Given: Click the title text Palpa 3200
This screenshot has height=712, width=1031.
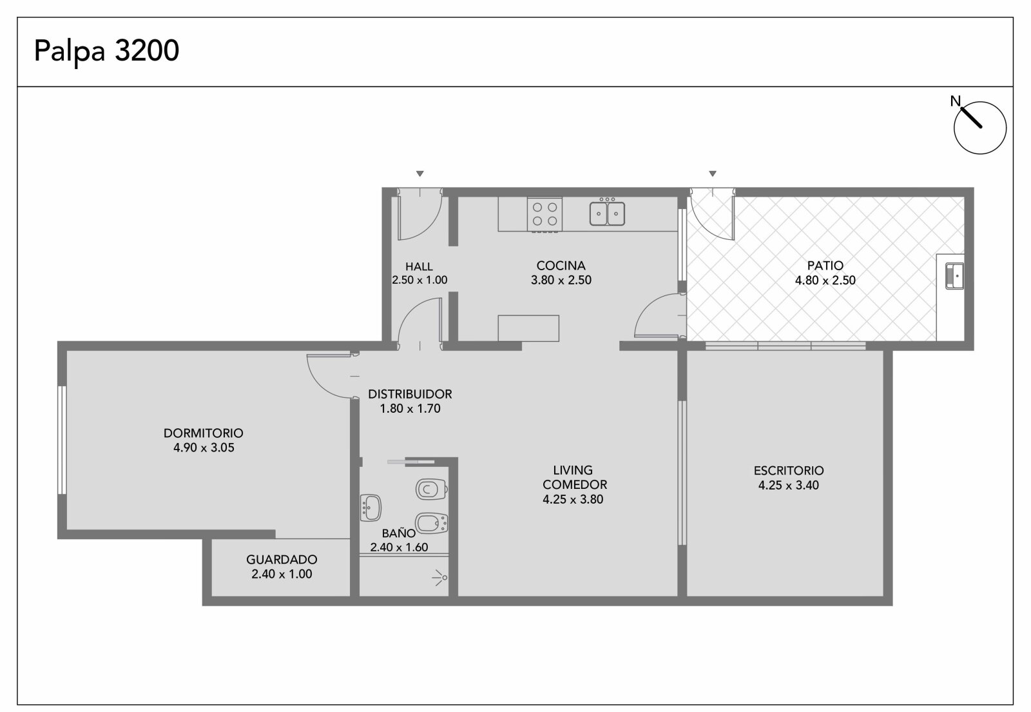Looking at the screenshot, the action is click(106, 51).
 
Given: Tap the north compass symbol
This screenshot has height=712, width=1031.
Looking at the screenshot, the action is click(979, 126).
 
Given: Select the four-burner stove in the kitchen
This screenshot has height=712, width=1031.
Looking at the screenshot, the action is click(545, 215).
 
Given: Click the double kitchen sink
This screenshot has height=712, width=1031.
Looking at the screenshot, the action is click(607, 212).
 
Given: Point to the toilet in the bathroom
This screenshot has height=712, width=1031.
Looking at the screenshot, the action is click(431, 489).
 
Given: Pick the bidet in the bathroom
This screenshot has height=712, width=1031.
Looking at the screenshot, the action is click(431, 523).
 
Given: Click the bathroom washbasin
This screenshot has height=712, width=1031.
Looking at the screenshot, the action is click(371, 508).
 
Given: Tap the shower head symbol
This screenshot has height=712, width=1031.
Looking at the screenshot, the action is click(440, 577).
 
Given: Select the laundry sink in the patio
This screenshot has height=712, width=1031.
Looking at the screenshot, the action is click(954, 276).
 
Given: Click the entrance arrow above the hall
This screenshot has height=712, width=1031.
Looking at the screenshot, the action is click(419, 173).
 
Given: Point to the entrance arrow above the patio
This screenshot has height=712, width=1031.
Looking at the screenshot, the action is click(713, 173).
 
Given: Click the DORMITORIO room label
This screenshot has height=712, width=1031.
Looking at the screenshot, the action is click(204, 433).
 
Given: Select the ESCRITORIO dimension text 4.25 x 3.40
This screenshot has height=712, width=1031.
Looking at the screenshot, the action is click(789, 485).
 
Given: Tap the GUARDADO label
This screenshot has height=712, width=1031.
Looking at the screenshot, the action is click(282, 560).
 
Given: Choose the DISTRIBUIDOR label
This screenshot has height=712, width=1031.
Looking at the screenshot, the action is click(410, 394).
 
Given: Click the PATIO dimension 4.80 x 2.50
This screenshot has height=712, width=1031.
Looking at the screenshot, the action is click(825, 280).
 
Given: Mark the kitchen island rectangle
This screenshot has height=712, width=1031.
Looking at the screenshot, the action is click(528, 328).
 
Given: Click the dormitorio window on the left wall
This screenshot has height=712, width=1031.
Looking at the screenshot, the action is click(62, 440).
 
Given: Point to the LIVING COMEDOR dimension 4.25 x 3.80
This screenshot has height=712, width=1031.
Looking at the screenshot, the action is click(573, 499).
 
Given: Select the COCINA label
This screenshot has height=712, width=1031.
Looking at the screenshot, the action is click(561, 266).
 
